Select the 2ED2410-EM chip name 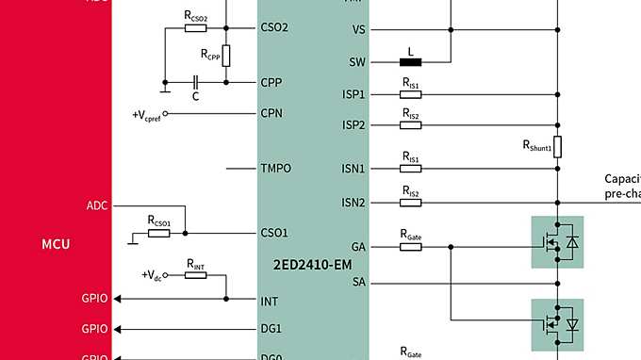coord(312,265)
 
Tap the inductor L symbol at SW coord(411,63)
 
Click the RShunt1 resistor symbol coord(558,146)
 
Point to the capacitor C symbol coord(195,82)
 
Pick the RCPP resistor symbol coord(226,55)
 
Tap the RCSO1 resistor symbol coord(158,233)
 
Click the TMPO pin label coord(275,169)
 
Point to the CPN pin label coord(271,113)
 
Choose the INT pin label coord(269,301)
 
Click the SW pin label coord(357,62)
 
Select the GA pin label coord(358,247)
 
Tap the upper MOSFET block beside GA coord(557,242)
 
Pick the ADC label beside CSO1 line coord(98,204)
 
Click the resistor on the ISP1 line coord(411,94)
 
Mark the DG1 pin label coord(271,329)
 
